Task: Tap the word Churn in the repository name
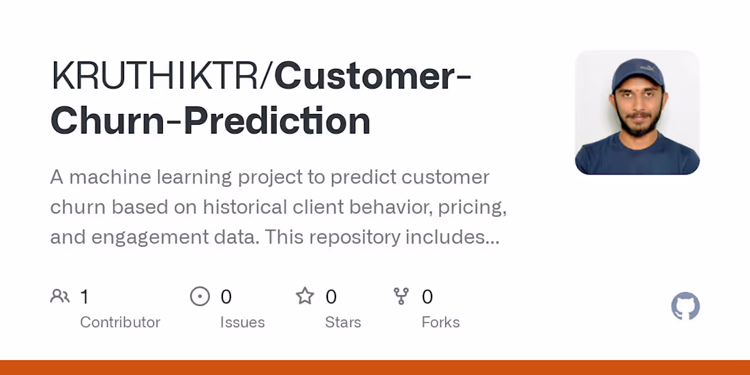pos(101,121)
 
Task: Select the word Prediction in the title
pos(277,121)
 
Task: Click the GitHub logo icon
pos(685,307)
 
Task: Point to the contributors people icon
pos(60,297)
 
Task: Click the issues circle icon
pos(200,297)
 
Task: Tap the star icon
pos(305,297)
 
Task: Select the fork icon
pos(402,297)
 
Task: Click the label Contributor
pos(120,322)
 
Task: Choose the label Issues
pos(242,322)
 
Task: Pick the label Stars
pos(343,322)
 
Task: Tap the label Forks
pos(440,322)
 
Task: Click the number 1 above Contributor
pos(85,297)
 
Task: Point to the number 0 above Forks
pos(427,297)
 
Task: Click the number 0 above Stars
pos(331,297)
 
